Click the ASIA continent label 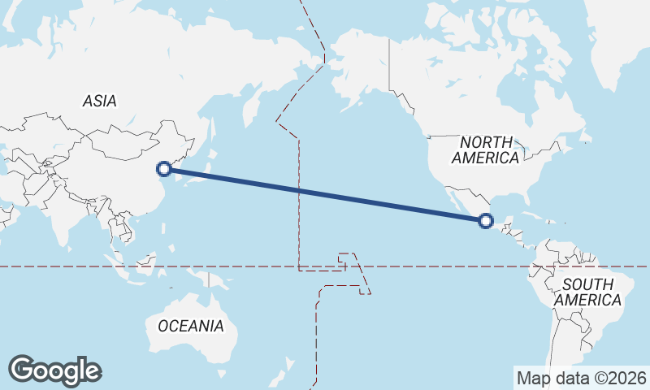[x=99, y=102]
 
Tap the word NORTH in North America [x=487, y=142]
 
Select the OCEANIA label [x=190, y=326]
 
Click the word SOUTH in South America [x=587, y=284]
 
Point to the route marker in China [x=164, y=168]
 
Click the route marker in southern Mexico [x=486, y=219]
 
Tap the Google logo [x=54, y=370]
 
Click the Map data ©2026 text [x=582, y=378]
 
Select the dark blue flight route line [x=325, y=194]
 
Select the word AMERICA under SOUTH [x=589, y=301]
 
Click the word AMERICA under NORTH [x=486, y=158]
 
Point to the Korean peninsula [x=180, y=167]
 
